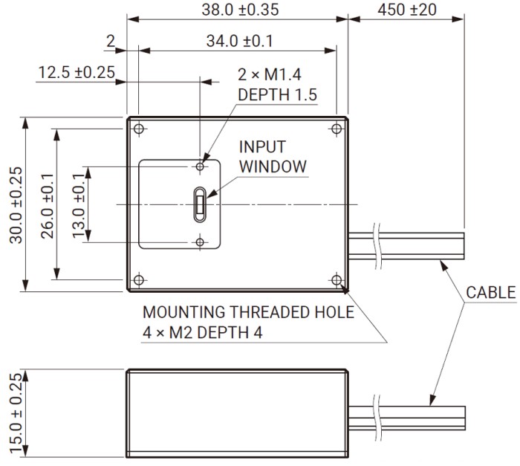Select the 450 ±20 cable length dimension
[x=407, y=10]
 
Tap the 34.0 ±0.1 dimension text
[x=238, y=41]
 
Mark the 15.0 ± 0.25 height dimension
[x=15, y=412]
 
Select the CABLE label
[x=490, y=292]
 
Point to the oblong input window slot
[x=200, y=204]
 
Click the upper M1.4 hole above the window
[x=200, y=166]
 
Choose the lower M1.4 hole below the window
[x=200, y=242]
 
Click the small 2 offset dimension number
[x=110, y=42]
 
